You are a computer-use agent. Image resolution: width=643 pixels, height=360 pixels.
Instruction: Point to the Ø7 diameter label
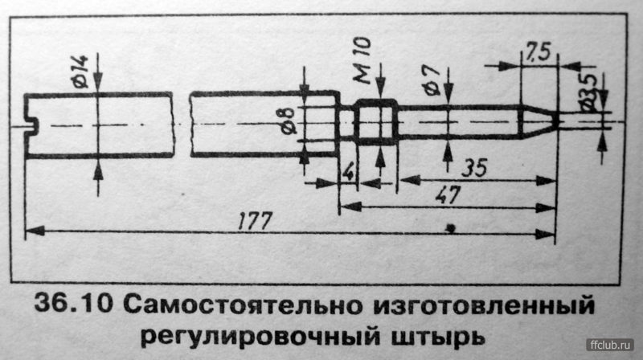432,81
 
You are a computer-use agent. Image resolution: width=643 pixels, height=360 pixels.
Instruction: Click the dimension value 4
348,173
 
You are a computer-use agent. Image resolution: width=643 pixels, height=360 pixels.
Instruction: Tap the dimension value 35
474,168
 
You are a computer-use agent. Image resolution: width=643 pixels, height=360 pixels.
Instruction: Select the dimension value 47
448,194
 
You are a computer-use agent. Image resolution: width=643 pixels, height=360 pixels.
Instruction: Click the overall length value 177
255,221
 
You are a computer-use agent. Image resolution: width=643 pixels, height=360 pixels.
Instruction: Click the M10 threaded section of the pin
375,122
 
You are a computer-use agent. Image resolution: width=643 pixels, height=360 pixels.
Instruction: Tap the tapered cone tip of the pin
538,122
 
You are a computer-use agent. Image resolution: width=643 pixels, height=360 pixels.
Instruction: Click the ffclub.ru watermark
610,346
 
